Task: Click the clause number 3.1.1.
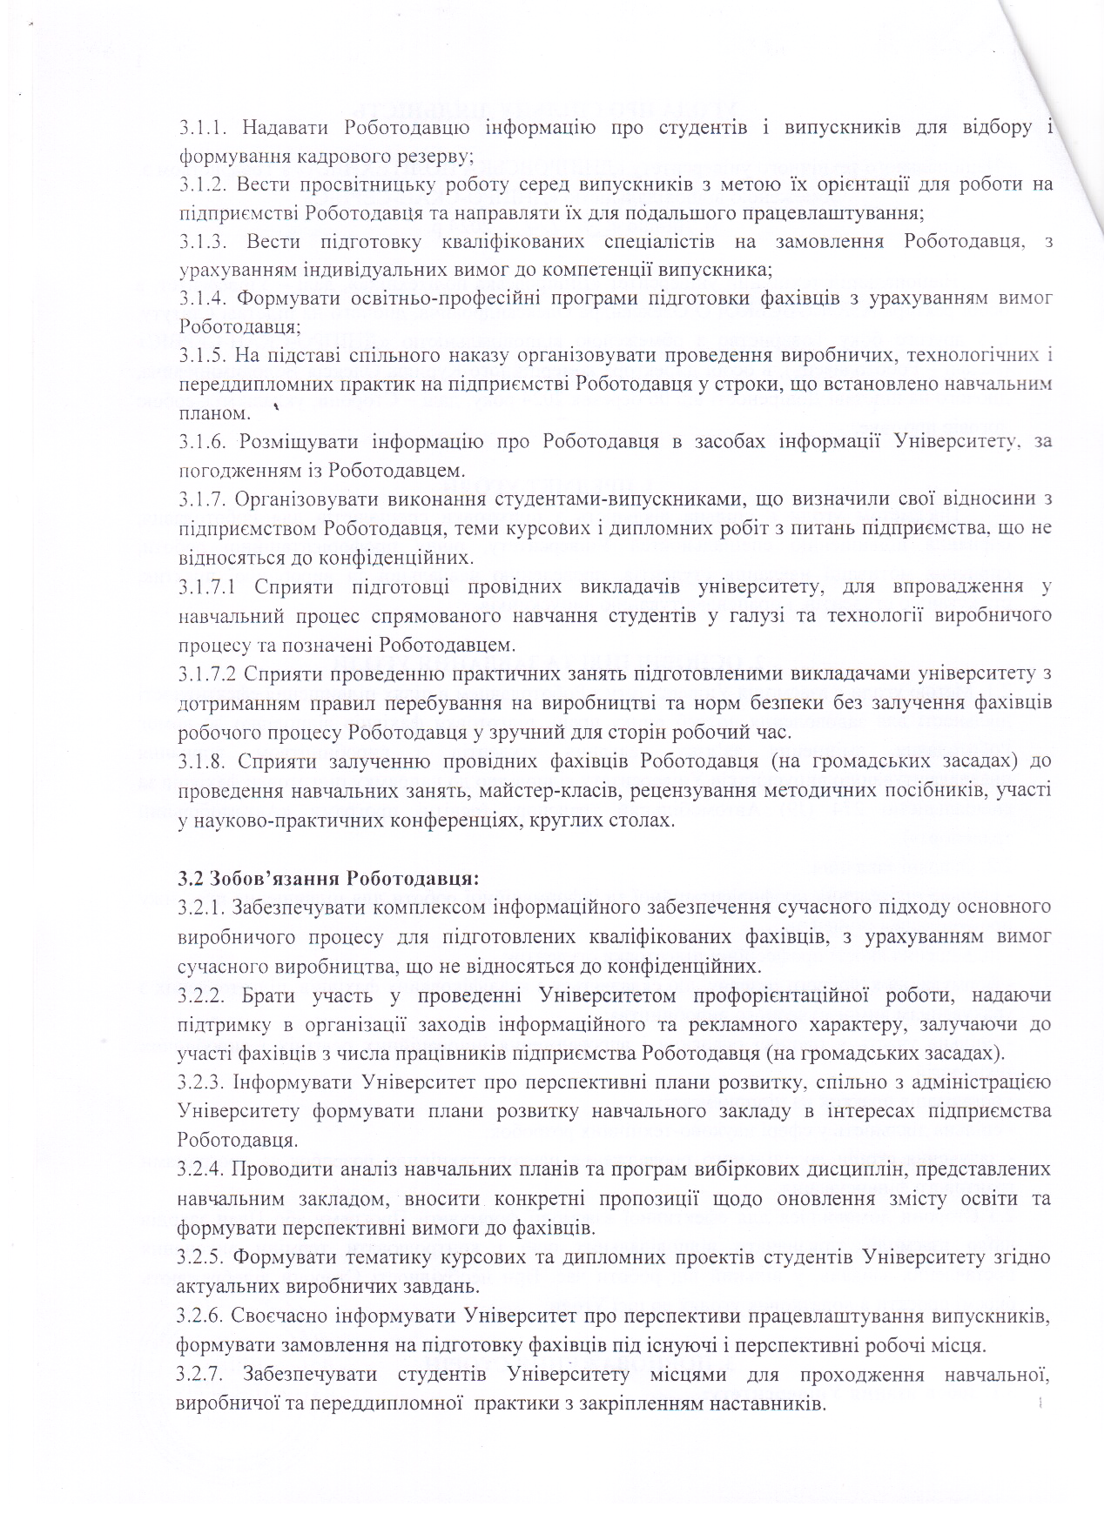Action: [x=203, y=129]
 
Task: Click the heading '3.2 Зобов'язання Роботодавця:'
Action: [x=328, y=877]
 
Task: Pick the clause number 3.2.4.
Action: [x=203, y=1169]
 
